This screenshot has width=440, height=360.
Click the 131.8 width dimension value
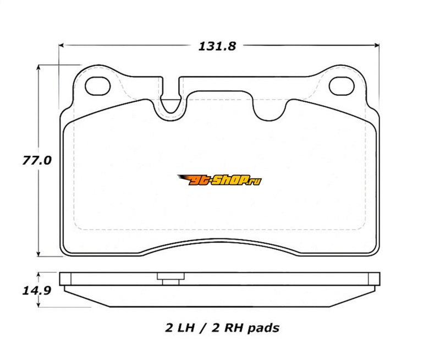217,46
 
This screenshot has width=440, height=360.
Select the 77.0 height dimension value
37,161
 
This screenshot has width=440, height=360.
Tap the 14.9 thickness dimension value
37,291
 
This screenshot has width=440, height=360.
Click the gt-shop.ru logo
219,180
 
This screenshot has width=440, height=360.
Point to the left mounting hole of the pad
98,86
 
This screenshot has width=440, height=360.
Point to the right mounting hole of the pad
342,86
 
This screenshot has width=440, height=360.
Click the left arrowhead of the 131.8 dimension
62,45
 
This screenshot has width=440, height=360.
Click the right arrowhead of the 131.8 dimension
377,45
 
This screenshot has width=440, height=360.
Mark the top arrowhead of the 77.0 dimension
38,68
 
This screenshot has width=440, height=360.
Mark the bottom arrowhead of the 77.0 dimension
38,253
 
